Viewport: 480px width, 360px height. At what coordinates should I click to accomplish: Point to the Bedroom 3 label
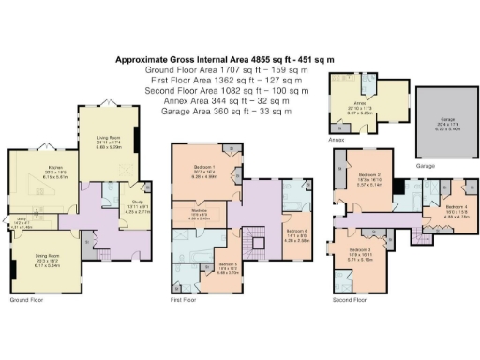(x=361, y=251)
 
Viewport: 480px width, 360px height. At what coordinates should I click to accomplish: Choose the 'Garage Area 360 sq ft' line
(x=224, y=112)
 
